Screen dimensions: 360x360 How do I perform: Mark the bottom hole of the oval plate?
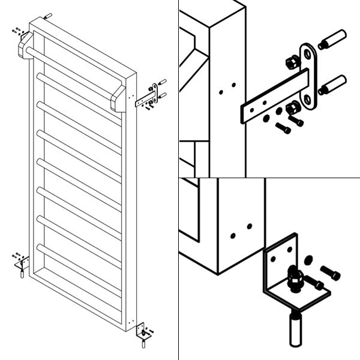(308, 100)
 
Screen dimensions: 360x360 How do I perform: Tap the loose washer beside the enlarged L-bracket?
(308, 259)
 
